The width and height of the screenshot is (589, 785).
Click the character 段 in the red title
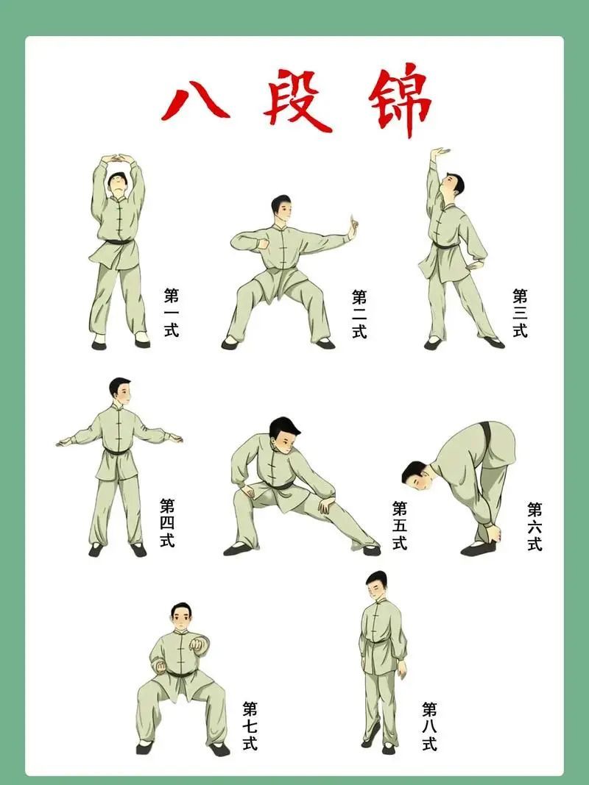coord(297,102)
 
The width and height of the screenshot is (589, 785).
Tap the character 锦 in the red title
coord(398,102)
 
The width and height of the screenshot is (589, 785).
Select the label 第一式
coord(171,313)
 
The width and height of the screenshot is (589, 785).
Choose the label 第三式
coord(520,313)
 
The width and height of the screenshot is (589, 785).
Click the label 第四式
coord(167,522)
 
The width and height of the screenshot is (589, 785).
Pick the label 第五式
coord(400,525)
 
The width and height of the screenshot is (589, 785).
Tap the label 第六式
coord(535,526)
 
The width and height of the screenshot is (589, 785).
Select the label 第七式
coord(250,726)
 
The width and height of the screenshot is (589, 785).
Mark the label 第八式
coord(430,726)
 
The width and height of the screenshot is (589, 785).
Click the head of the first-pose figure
coord(117,183)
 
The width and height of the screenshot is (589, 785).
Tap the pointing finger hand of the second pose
coord(352,227)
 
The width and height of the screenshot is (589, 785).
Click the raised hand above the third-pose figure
coord(442,154)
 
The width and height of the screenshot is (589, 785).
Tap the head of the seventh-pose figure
coord(181,617)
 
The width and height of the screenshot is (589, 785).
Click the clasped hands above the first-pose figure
coord(118,159)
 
